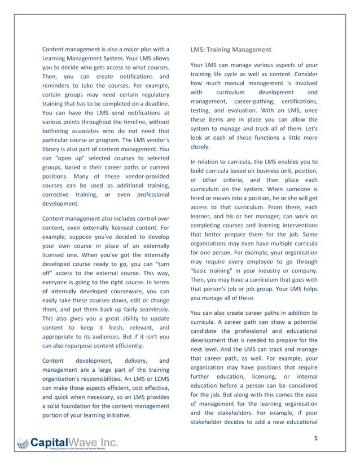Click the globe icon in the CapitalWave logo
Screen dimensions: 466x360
point(22,444)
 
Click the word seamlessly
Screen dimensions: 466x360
point(152,310)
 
